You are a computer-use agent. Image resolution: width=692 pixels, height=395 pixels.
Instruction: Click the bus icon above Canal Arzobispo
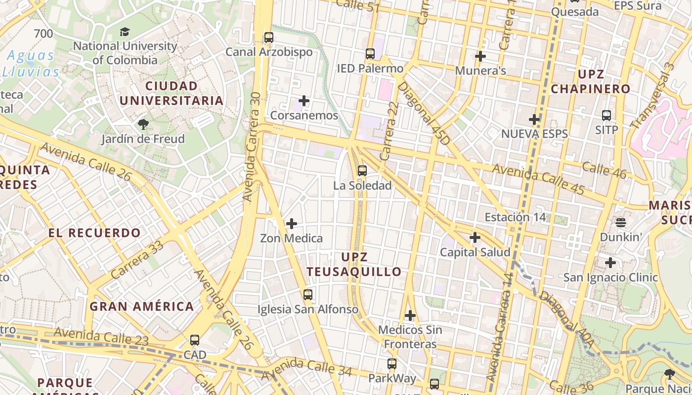click(268, 37)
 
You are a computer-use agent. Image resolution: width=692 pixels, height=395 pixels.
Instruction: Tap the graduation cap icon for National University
click(125, 32)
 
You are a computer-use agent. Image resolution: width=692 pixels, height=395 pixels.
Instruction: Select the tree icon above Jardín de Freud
click(143, 124)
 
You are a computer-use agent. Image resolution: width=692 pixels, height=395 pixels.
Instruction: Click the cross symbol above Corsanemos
click(304, 101)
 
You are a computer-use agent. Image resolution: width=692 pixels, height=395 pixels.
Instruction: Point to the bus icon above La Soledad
click(362, 171)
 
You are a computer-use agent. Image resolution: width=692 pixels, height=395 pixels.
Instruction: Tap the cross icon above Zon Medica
click(292, 224)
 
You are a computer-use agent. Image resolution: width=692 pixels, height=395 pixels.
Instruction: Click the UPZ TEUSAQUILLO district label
click(354, 265)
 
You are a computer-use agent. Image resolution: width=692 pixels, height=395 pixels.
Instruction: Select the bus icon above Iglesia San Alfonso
click(308, 295)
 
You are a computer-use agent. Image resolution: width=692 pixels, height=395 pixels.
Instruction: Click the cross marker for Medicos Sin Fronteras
click(410, 315)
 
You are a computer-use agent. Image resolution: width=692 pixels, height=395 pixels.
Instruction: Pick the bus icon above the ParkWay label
click(392, 364)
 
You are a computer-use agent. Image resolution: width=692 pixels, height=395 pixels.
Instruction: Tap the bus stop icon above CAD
click(195, 340)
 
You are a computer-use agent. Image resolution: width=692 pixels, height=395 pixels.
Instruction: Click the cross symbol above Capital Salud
click(475, 238)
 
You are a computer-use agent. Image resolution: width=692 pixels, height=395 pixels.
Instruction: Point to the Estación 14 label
click(515, 217)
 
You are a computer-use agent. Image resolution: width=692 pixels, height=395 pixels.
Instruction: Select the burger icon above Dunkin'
click(621, 222)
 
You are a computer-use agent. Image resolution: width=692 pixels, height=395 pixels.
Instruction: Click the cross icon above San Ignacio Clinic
click(610, 263)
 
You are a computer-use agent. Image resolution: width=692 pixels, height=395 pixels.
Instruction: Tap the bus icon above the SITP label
click(606, 116)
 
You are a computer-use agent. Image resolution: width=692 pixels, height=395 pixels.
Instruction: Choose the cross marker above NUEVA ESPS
click(534, 119)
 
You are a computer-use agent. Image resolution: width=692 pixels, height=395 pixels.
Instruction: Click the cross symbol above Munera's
click(480, 56)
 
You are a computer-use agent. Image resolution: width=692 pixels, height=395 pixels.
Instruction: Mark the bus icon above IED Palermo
click(370, 54)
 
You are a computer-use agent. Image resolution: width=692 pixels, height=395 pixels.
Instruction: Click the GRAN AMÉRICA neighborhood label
click(141, 307)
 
